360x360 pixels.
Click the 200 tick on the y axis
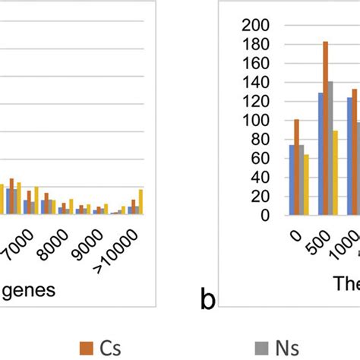tap(261, 25)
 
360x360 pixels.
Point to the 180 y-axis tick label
tap(261, 44)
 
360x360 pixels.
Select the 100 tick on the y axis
tap(261, 120)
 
